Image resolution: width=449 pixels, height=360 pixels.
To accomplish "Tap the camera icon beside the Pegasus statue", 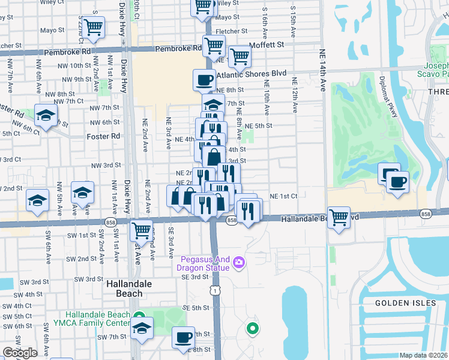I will (239, 262).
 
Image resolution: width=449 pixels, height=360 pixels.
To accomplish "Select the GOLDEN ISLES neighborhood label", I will (405, 303).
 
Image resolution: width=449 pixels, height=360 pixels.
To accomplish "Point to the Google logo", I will (19, 353).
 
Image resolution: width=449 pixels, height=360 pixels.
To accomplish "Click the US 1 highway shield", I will (214, 290).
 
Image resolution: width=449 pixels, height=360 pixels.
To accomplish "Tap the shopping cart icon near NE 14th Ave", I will (339, 217).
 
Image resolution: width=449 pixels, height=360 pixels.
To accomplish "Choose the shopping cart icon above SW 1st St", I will (141, 230).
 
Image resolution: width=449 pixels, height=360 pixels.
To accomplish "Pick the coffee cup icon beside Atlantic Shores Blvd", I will (204, 79).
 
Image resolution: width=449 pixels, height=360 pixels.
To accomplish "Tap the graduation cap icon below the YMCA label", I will (141, 328).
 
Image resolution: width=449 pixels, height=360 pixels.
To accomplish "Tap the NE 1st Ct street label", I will (283, 196).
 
